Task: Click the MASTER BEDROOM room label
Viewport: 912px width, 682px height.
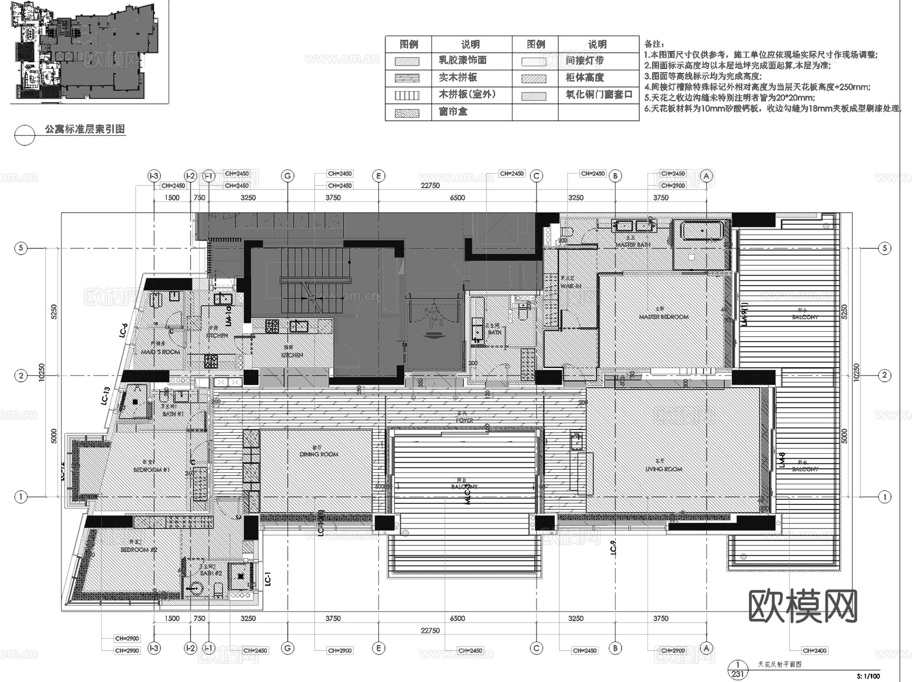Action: pyautogui.click(x=664, y=317)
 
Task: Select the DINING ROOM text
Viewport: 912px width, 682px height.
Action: pyautogui.click(x=319, y=454)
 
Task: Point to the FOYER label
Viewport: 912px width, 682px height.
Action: pyautogui.click(x=464, y=420)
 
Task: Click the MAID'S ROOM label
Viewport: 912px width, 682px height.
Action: pyautogui.click(x=160, y=352)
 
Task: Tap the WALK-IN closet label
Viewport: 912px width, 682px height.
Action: pyautogui.click(x=571, y=286)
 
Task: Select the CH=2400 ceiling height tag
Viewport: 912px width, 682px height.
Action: pyautogui.click(x=815, y=651)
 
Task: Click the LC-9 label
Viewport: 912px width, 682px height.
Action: pyautogui.click(x=613, y=547)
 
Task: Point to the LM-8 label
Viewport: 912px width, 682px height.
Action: pyautogui.click(x=782, y=459)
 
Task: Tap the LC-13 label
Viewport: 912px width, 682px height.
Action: pyautogui.click(x=106, y=396)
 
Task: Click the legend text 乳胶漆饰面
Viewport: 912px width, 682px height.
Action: pyautogui.click(x=462, y=60)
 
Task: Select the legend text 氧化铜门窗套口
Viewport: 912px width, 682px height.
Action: pyautogui.click(x=599, y=95)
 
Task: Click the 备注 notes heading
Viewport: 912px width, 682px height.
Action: pyautogui.click(x=654, y=45)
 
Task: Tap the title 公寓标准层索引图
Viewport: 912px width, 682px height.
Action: pyautogui.click(x=85, y=129)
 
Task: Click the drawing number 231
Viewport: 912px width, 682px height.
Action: pyautogui.click(x=738, y=674)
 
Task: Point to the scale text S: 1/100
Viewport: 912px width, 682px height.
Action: pyautogui.click(x=868, y=676)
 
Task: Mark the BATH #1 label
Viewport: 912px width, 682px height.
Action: pyautogui.click(x=173, y=414)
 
